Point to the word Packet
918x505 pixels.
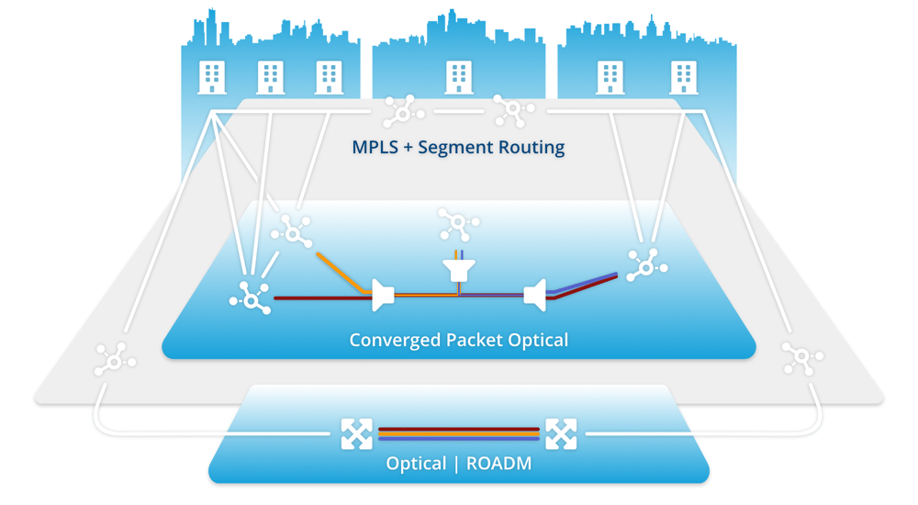474,340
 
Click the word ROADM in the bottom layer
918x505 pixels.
499,464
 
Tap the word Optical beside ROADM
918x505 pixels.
416,464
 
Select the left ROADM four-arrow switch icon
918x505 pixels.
356,433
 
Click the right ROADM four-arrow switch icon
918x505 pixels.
561,433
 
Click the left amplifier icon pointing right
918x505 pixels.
383,295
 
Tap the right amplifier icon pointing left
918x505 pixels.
535,295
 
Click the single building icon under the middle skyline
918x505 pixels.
458,77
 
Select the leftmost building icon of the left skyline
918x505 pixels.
212,77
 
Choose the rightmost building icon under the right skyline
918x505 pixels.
683,77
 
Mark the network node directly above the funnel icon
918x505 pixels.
458,224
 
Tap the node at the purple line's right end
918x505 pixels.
646,266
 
